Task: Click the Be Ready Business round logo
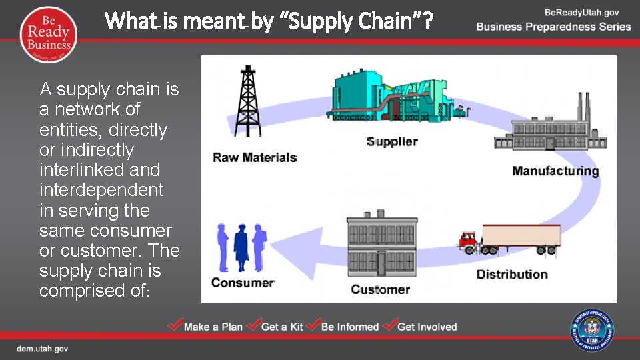(49, 33)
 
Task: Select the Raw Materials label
(255, 158)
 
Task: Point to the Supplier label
(392, 141)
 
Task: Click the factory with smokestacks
(551, 127)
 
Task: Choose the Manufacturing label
(555, 171)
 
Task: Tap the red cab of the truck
(469, 241)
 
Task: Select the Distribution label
(512, 274)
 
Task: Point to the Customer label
(381, 289)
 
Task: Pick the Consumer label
(243, 282)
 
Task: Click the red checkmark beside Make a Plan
(175, 325)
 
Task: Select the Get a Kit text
(282, 327)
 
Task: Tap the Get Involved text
(427, 327)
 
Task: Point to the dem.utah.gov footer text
(42, 349)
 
